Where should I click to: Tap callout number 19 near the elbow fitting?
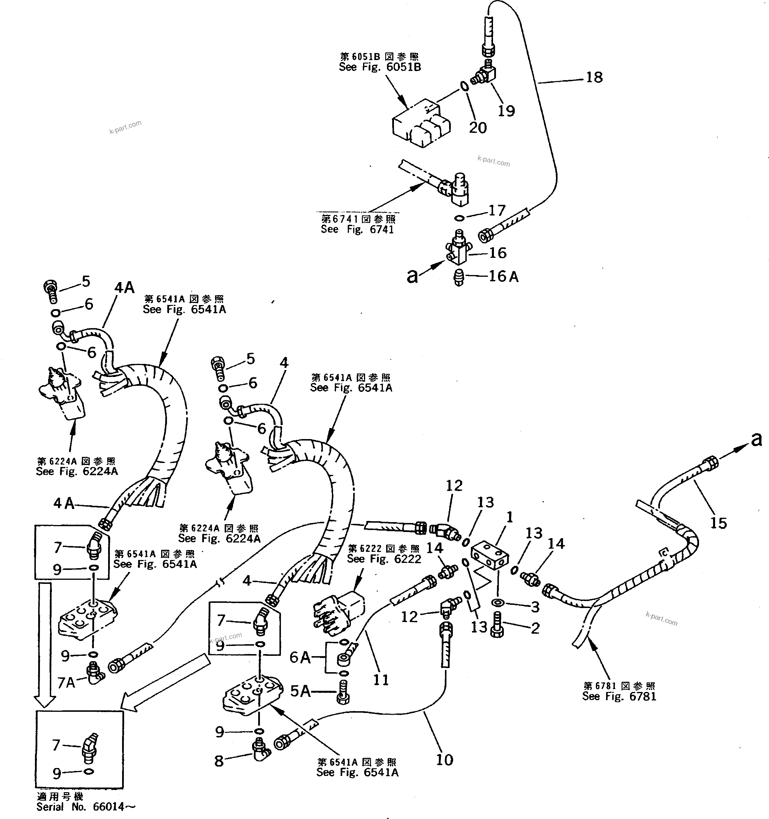coord(506,110)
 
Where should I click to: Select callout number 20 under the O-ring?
coord(478,128)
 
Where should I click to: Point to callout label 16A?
coord(503,276)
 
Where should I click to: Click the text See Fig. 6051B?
coord(380,67)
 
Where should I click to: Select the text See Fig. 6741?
coord(357,230)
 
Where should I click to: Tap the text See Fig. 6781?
coord(619,696)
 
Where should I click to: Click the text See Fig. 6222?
coord(384,559)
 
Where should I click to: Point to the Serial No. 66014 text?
coord(85,807)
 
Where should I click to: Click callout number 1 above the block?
coord(509,517)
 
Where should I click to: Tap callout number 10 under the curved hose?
coord(444,760)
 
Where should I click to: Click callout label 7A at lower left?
coord(66,683)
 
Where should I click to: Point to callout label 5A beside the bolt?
coord(300,691)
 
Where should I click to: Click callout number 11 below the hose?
coord(381,680)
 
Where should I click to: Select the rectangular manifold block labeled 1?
coord(488,556)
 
